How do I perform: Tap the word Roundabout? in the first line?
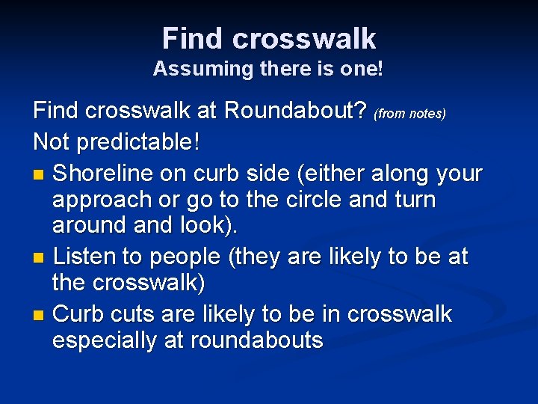click(296, 111)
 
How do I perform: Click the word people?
click(185, 257)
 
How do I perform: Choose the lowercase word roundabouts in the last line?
click(257, 341)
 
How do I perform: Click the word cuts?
click(134, 313)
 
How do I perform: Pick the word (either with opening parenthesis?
click(336, 173)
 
